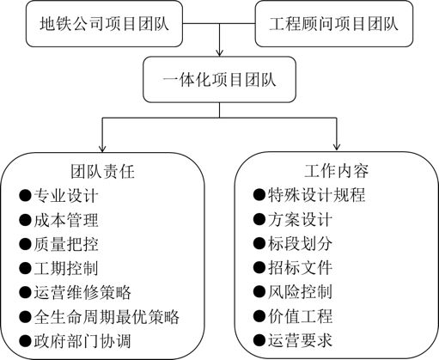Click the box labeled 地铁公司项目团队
(104, 24)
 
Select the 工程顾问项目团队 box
(334, 24)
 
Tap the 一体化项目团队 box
(219, 79)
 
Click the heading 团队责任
(102, 172)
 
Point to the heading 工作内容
(337, 171)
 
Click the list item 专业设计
(66, 196)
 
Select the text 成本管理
(66, 220)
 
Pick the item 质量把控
(66, 244)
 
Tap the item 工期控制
(66, 268)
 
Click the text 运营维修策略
(82, 292)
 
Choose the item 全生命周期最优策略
(107, 317)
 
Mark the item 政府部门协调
(82, 341)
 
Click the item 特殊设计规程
(317, 195)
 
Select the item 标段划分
(301, 243)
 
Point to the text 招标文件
(301, 267)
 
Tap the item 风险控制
(301, 292)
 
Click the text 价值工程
(301, 316)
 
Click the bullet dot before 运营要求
(259, 340)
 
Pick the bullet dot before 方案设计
(259, 219)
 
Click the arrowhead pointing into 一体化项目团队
(220, 52)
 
